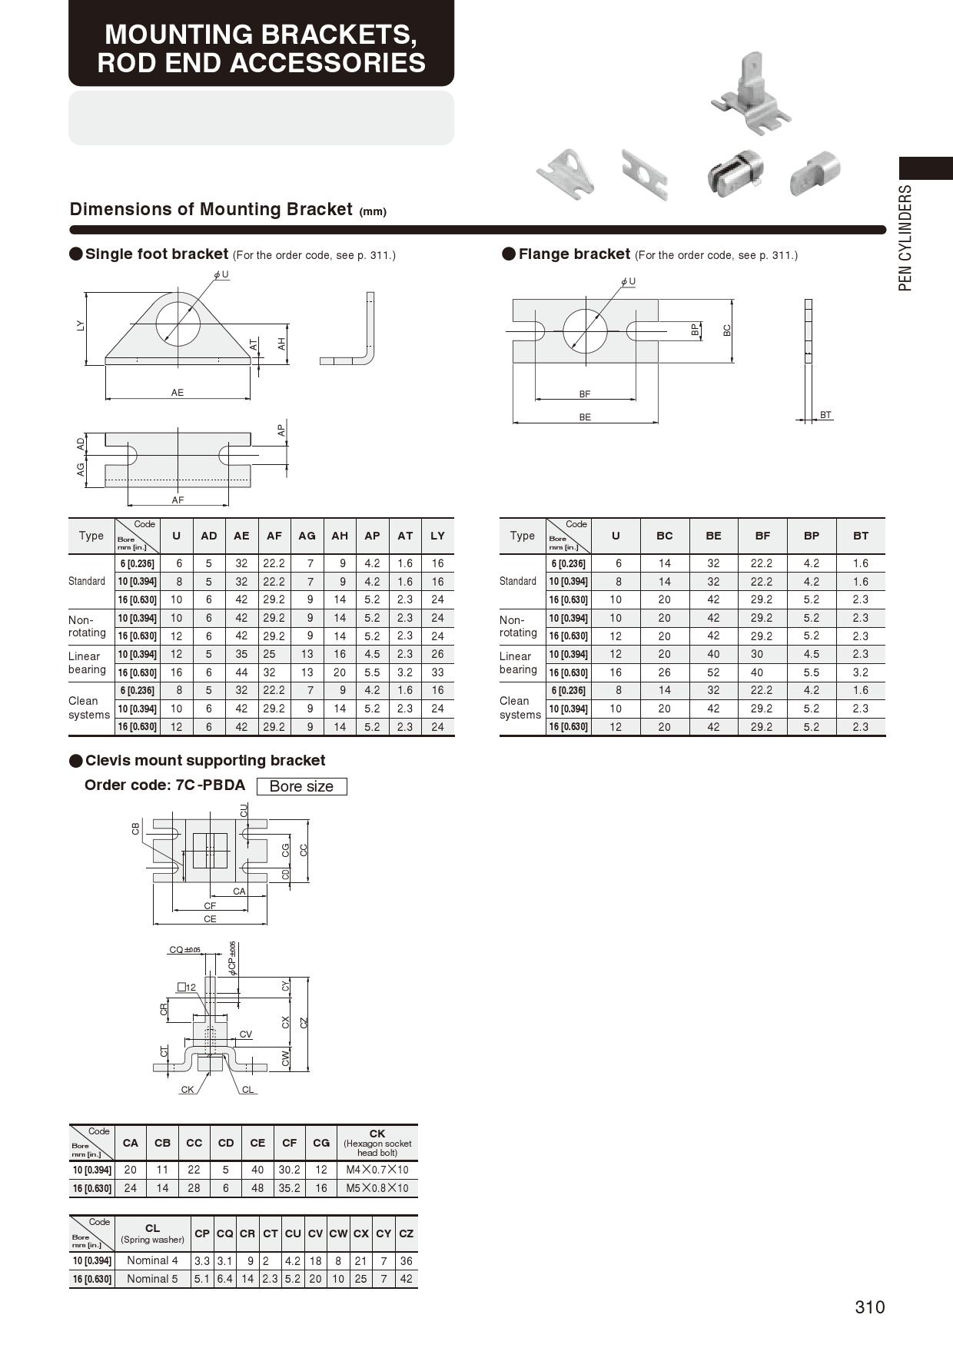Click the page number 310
tap(869, 1307)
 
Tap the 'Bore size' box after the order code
tap(301, 786)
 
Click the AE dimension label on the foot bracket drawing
tap(178, 393)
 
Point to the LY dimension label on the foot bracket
tap(81, 326)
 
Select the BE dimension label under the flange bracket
tap(585, 417)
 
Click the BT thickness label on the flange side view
tap(825, 415)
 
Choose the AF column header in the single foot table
tap(274, 536)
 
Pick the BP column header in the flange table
tap(811, 536)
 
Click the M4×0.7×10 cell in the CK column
tap(377, 1170)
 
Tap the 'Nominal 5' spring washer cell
tap(152, 1279)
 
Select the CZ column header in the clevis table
tap(406, 1233)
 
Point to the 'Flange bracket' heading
tap(573, 254)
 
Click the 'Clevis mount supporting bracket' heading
tap(204, 761)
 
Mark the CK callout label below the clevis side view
tap(187, 1090)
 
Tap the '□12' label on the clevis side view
tap(187, 988)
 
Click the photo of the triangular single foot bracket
tap(566, 173)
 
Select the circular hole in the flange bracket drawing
tap(585, 331)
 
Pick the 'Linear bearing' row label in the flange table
tap(517, 662)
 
